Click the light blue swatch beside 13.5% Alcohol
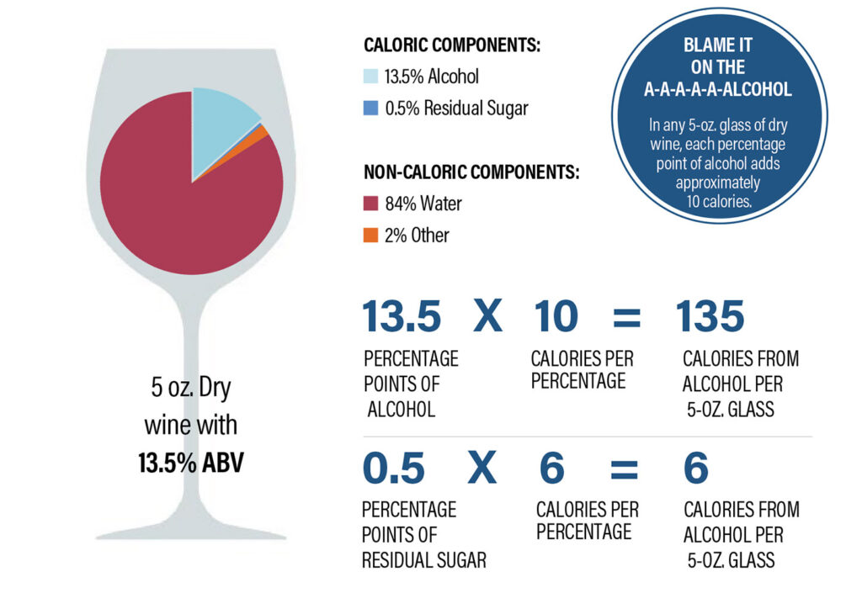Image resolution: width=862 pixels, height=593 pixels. pos(370,77)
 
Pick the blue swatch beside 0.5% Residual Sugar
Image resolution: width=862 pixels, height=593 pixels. pos(370,108)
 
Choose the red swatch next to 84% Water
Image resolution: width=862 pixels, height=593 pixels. pos(370,204)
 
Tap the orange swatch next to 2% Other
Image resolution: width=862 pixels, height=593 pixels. pos(370,236)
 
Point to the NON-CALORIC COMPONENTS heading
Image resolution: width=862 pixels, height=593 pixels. pos(471,172)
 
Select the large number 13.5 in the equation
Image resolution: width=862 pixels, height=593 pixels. pos(402,317)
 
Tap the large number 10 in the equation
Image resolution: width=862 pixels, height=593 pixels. pos(556,317)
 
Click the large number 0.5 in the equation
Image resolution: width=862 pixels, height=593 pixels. pos(393,469)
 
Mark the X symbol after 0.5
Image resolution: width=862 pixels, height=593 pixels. pos(482,469)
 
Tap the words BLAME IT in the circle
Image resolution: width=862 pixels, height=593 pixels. pos(718,46)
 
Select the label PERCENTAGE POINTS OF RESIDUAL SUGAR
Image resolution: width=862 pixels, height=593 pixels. pos(423,534)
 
